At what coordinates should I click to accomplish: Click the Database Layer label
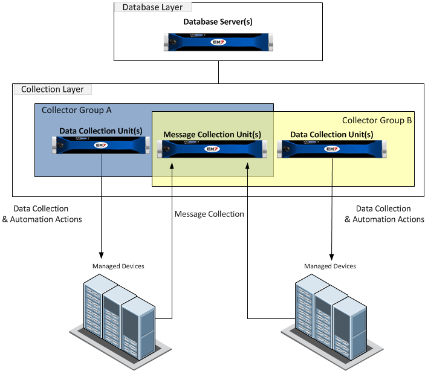[x=152, y=8]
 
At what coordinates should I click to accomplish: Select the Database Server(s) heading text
[x=218, y=22]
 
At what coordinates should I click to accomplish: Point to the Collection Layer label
[x=53, y=89]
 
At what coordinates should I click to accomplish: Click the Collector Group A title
[x=76, y=110]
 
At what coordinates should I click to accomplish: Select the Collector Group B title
[x=377, y=120]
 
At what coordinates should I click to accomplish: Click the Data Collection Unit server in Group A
[x=101, y=146]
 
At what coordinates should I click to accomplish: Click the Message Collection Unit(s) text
[x=212, y=134]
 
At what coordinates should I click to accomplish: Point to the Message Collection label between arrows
[x=209, y=214]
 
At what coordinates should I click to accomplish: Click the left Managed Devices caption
[x=118, y=266]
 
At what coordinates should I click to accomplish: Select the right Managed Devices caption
[x=330, y=266]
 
